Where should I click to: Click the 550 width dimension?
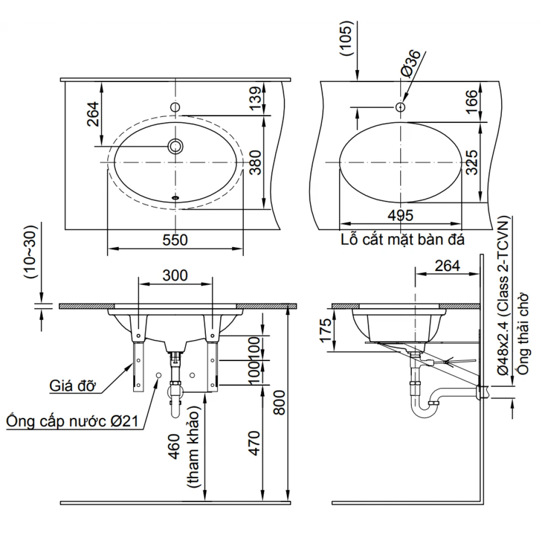tap(175, 240)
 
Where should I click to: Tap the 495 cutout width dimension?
tap(400, 216)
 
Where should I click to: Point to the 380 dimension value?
tap(256, 162)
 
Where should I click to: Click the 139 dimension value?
tap(256, 98)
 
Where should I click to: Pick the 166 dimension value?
tap(472, 102)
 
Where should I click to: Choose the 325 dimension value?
tap(472, 162)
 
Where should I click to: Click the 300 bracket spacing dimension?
tap(175, 275)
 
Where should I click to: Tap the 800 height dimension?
tap(279, 403)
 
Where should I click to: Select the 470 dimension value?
tap(254, 443)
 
